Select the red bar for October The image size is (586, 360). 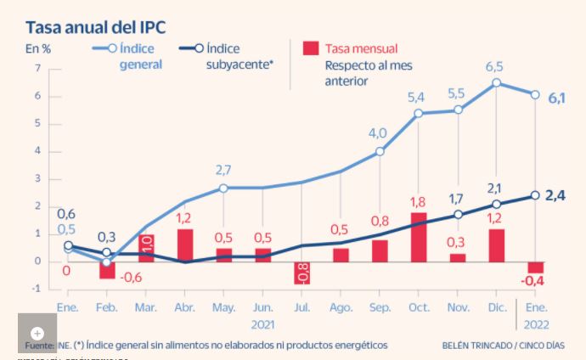(x=419, y=236)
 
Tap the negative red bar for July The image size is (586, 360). (x=302, y=273)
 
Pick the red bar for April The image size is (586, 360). (x=185, y=245)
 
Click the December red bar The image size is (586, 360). (x=496, y=245)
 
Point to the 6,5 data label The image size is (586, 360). (x=495, y=66)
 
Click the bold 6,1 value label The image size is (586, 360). (x=557, y=98)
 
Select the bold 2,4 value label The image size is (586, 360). (x=556, y=196)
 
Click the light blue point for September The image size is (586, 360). (x=380, y=152)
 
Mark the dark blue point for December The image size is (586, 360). (x=496, y=204)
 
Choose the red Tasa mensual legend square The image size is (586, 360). (x=311, y=48)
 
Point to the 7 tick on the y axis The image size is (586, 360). (x=37, y=69)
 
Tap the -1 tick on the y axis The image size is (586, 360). (x=36, y=289)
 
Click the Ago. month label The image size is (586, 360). (x=341, y=307)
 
